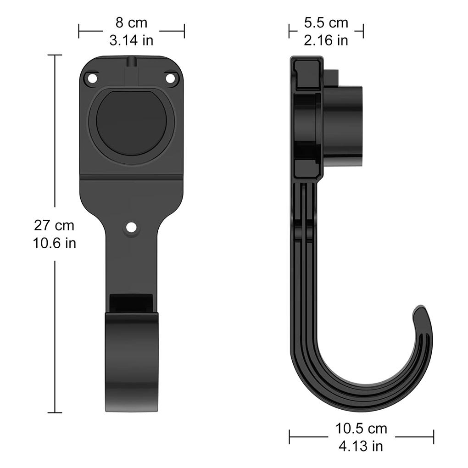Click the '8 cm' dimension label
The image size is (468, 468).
coord(131,23)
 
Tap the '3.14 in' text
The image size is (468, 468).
coord(131,40)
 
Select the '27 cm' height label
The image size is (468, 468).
coord(54,225)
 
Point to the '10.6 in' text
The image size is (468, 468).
coord(54,243)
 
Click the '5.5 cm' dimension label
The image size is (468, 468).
coord(326,23)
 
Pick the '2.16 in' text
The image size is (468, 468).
coord(326,40)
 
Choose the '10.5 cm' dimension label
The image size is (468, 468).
coord(361,429)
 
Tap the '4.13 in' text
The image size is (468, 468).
coord(361,446)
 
